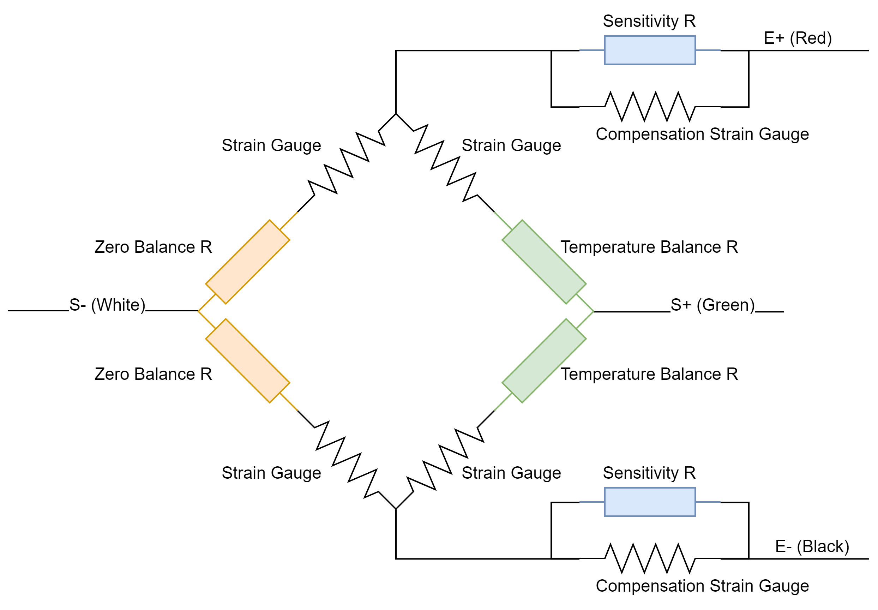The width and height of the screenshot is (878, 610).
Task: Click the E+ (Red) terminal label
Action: point(798,38)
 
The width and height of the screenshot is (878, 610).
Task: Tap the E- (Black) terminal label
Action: point(812,546)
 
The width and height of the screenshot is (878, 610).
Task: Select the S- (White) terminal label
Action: point(107,305)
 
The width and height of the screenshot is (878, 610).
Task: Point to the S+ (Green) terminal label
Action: point(712,305)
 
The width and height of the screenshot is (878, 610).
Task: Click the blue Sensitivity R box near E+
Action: point(650,50)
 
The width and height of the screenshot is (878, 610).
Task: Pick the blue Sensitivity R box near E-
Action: point(650,502)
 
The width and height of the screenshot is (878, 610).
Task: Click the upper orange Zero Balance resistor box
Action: point(248,262)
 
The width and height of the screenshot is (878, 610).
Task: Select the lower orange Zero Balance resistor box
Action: point(248,361)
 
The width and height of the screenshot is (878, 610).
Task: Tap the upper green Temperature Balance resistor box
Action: point(544,262)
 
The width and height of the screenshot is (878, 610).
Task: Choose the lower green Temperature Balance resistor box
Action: point(544,361)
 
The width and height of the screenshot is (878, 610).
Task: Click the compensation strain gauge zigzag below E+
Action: point(650,107)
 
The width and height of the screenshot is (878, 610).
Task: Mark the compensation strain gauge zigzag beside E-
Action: point(650,558)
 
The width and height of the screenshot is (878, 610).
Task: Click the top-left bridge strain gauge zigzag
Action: point(347,163)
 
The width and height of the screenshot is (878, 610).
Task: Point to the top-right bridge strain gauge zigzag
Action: point(445,163)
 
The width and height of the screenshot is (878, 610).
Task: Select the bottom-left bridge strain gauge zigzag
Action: point(347,460)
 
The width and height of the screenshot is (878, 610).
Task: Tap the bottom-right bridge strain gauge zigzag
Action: point(445,460)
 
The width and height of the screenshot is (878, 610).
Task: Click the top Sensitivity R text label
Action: point(649,21)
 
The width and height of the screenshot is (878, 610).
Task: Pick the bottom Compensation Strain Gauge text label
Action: point(702,586)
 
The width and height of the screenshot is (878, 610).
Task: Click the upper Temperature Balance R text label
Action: point(649,247)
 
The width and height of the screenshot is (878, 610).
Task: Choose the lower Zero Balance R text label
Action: point(153,374)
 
